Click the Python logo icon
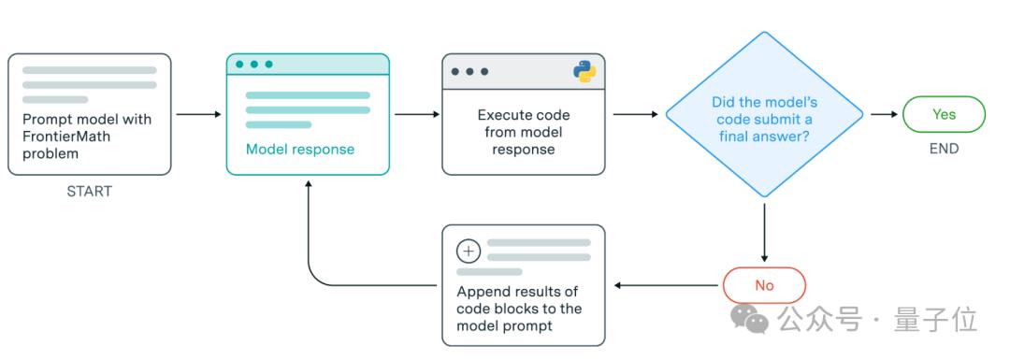tap(584, 71)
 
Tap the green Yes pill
tap(944, 115)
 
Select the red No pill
tap(764, 285)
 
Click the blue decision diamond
tap(764, 115)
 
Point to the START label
tap(90, 192)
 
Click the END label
tap(944, 149)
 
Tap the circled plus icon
tap(469, 252)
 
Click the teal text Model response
tap(300, 150)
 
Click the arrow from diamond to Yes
tap(884, 115)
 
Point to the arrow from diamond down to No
tap(764, 233)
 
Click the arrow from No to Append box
tap(666, 285)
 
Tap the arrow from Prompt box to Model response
tap(198, 115)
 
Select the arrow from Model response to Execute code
tap(417, 115)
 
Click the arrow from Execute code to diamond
tap(636, 115)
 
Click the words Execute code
tap(523, 116)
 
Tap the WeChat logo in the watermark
tap(748, 318)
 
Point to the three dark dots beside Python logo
tap(469, 71)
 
